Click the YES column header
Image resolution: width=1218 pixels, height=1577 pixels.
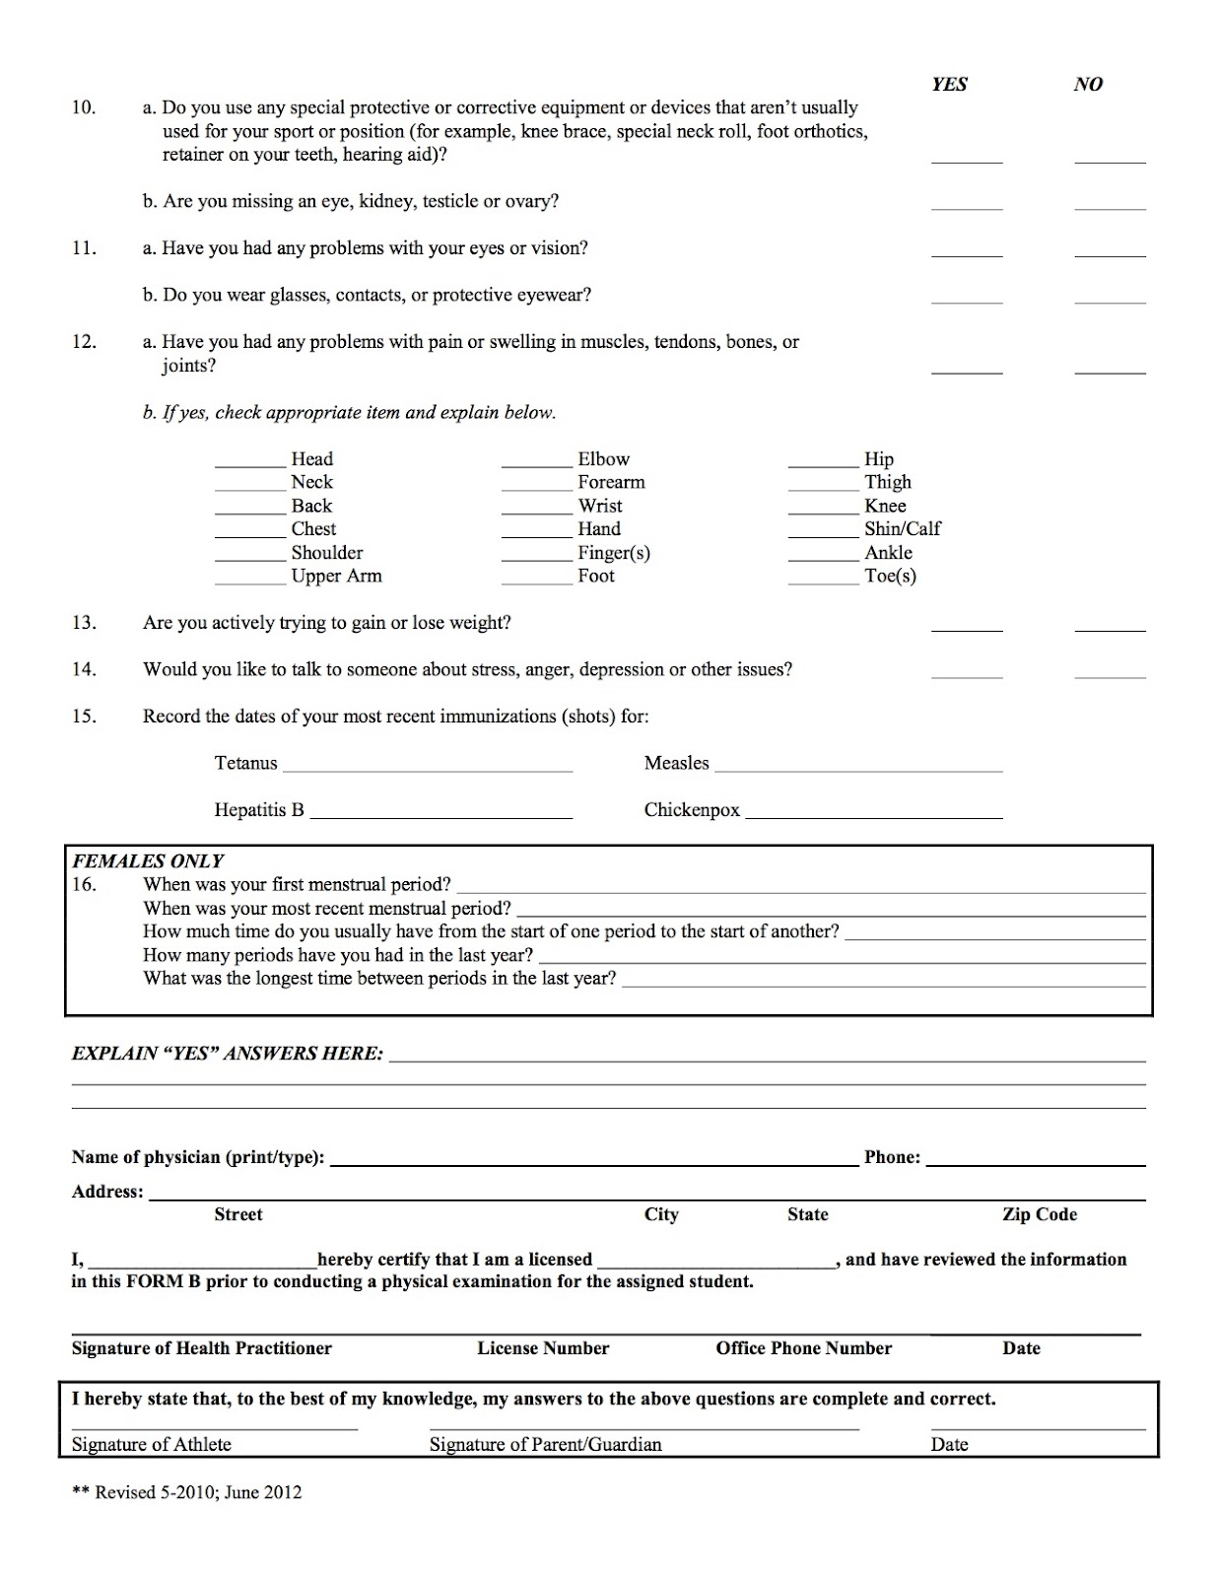[x=949, y=85]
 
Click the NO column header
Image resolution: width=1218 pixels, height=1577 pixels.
[x=1088, y=85]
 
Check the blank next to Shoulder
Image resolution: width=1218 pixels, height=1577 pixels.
[x=250, y=559]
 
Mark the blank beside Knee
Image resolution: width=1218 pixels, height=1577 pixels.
[x=823, y=512]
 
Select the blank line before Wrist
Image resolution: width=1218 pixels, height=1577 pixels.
[x=536, y=512]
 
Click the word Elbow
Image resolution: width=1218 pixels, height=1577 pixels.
[x=603, y=459]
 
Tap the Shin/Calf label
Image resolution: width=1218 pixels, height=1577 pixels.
[x=902, y=529]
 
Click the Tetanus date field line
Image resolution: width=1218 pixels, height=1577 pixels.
[x=427, y=769]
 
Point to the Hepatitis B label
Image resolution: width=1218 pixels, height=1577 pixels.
[x=259, y=810]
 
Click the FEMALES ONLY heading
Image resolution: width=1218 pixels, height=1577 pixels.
[x=148, y=860]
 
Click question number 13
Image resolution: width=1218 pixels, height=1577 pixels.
[x=84, y=623]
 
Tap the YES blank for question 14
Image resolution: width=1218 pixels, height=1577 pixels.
[x=967, y=676]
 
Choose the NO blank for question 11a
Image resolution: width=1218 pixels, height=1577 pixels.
[x=1110, y=254]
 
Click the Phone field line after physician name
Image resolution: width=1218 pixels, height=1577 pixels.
[x=1035, y=1164]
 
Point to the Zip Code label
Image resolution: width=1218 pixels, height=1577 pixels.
[x=1039, y=1215]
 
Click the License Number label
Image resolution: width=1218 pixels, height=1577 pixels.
[x=543, y=1348]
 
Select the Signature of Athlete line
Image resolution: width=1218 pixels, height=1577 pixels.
[x=214, y=1427]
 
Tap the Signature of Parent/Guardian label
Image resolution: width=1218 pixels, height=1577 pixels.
[x=545, y=1445]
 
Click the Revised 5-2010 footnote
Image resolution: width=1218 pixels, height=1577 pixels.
[x=187, y=1492]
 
